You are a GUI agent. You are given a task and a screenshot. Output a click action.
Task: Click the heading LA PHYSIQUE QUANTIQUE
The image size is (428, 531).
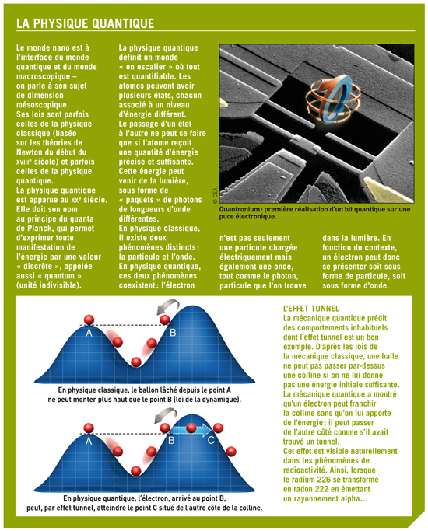[x=85, y=23]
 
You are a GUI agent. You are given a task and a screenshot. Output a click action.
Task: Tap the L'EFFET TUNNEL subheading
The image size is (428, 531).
[x=310, y=309]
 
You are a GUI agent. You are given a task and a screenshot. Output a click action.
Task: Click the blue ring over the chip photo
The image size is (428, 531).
[x=335, y=98]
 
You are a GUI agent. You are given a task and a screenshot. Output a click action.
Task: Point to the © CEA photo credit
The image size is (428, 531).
[x=216, y=195]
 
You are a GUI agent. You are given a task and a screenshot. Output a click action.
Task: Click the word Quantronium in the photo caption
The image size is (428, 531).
[x=239, y=209]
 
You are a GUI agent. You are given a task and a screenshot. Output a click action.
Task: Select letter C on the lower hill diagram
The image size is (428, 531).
[x=211, y=440]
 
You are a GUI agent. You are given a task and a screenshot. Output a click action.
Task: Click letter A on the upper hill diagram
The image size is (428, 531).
[x=89, y=334]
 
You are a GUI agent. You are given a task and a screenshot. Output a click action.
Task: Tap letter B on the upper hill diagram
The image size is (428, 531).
[x=173, y=333]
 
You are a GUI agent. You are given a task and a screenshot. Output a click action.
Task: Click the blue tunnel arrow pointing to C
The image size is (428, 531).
[x=191, y=430]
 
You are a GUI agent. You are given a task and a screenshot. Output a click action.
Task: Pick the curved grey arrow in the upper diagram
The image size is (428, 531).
[x=167, y=306]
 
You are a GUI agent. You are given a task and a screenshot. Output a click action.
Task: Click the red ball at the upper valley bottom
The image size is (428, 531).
[x=136, y=362]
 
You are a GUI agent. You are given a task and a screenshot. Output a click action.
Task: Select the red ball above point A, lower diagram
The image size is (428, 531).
[x=89, y=428]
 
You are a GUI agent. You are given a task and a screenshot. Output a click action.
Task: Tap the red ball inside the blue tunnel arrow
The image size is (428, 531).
[x=191, y=428]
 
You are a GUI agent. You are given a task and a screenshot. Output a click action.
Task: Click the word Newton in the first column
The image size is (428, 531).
[x=31, y=152]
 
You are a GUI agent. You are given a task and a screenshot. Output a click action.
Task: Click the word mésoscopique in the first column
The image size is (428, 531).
[x=42, y=105]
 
